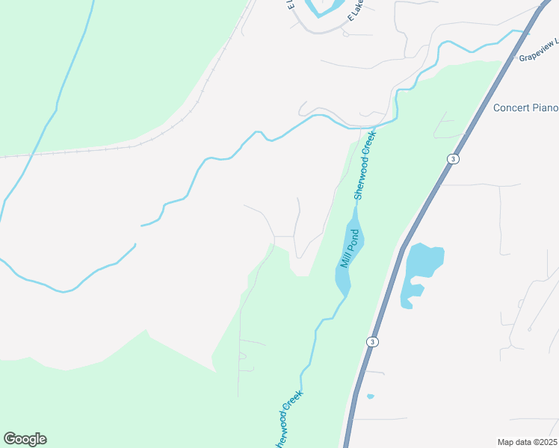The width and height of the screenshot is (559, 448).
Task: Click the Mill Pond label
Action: click(351, 249)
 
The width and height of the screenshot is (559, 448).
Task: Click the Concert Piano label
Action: click(525, 108)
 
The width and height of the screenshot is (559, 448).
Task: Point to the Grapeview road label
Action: click(537, 53)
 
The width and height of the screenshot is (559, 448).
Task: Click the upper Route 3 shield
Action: click(452, 159)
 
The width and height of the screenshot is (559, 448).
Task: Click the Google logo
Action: click(25, 439)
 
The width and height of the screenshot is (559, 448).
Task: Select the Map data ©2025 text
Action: click(527, 442)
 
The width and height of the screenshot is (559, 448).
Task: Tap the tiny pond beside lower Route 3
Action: click(371, 396)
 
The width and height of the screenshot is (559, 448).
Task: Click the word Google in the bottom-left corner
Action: click(25, 439)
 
